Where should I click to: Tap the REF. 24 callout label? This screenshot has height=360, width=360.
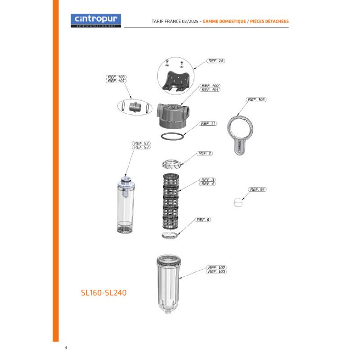pyautogui.click(x=216, y=61)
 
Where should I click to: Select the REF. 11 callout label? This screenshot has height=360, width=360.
pyautogui.click(x=208, y=124)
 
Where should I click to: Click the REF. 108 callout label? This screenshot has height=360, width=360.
pyautogui.click(x=256, y=99)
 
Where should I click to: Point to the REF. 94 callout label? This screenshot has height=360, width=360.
pyautogui.click(x=257, y=189)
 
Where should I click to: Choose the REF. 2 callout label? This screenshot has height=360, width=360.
pyautogui.click(x=205, y=153)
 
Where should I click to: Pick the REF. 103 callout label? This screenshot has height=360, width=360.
pyautogui.click(x=216, y=272)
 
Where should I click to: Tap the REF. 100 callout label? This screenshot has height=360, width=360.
pyautogui.click(x=210, y=85)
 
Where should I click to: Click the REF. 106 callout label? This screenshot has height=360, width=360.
pyautogui.click(x=116, y=77)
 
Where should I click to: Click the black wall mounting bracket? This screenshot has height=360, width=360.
pyautogui.click(x=175, y=81)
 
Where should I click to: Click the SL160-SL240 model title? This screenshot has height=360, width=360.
pyautogui.click(x=103, y=292)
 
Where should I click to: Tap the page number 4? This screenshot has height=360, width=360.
pyautogui.click(x=66, y=348)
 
